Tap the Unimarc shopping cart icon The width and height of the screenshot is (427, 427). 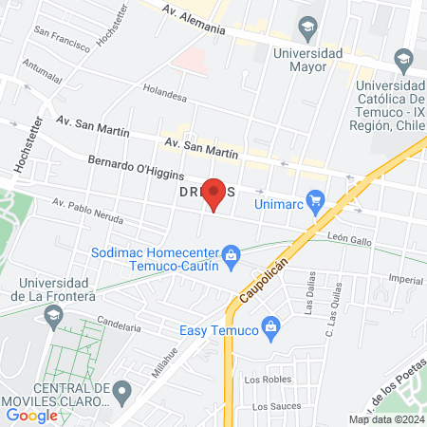(x=317, y=201)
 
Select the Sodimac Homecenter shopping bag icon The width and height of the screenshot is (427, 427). (x=230, y=254)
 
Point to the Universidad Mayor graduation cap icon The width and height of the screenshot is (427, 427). (x=307, y=26)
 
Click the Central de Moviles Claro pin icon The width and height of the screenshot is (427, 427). (x=121, y=390)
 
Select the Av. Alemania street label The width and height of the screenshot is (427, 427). (x=194, y=22)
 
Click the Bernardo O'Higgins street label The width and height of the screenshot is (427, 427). (x=129, y=169)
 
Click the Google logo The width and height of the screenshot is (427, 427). (x=32, y=415)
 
